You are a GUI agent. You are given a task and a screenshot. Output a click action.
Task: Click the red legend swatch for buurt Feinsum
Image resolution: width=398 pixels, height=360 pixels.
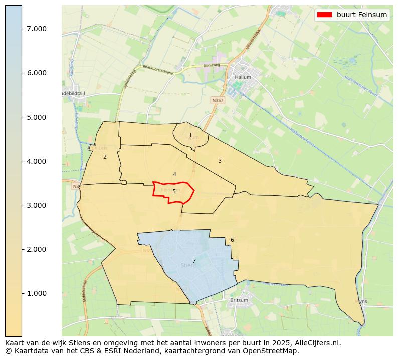pos(324,15)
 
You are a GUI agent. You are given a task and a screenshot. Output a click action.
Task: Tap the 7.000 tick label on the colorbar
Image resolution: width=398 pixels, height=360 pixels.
pos(37,29)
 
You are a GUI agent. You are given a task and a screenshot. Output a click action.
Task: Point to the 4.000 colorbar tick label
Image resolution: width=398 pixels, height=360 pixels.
pos(37,161)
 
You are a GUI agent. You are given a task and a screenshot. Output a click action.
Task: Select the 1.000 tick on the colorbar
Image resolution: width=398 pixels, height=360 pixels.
pos(37,293)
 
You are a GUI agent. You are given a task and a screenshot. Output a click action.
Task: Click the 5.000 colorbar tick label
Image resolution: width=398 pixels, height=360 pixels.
pos(37,117)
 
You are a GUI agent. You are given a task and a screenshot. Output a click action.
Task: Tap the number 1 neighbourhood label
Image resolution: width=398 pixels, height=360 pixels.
pos(190,136)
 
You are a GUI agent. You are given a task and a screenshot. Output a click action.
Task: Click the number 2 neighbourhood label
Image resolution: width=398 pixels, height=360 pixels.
pos(105,157)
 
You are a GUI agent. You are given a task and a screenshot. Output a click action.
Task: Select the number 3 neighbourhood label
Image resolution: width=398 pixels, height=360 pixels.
pos(220,161)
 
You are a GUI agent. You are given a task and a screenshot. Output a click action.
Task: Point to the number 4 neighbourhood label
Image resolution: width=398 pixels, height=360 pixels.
pos(174,175)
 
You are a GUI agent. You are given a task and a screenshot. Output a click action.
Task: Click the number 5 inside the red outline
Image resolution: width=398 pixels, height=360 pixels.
pos(174,191)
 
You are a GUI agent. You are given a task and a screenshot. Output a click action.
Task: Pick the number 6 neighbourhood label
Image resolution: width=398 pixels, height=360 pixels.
pos(232,240)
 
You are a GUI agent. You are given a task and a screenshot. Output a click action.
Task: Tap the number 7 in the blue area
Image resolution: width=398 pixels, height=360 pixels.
pos(194,261)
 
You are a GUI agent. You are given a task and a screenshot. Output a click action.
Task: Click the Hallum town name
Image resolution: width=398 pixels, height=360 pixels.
pos(243,78)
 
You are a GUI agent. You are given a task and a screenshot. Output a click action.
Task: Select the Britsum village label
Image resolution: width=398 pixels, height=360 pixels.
pos(239,300)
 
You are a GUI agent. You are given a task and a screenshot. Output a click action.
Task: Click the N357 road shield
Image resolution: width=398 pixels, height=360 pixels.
pos(218,100)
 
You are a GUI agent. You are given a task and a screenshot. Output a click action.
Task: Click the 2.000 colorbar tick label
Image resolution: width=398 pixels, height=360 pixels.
pos(37,249)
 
